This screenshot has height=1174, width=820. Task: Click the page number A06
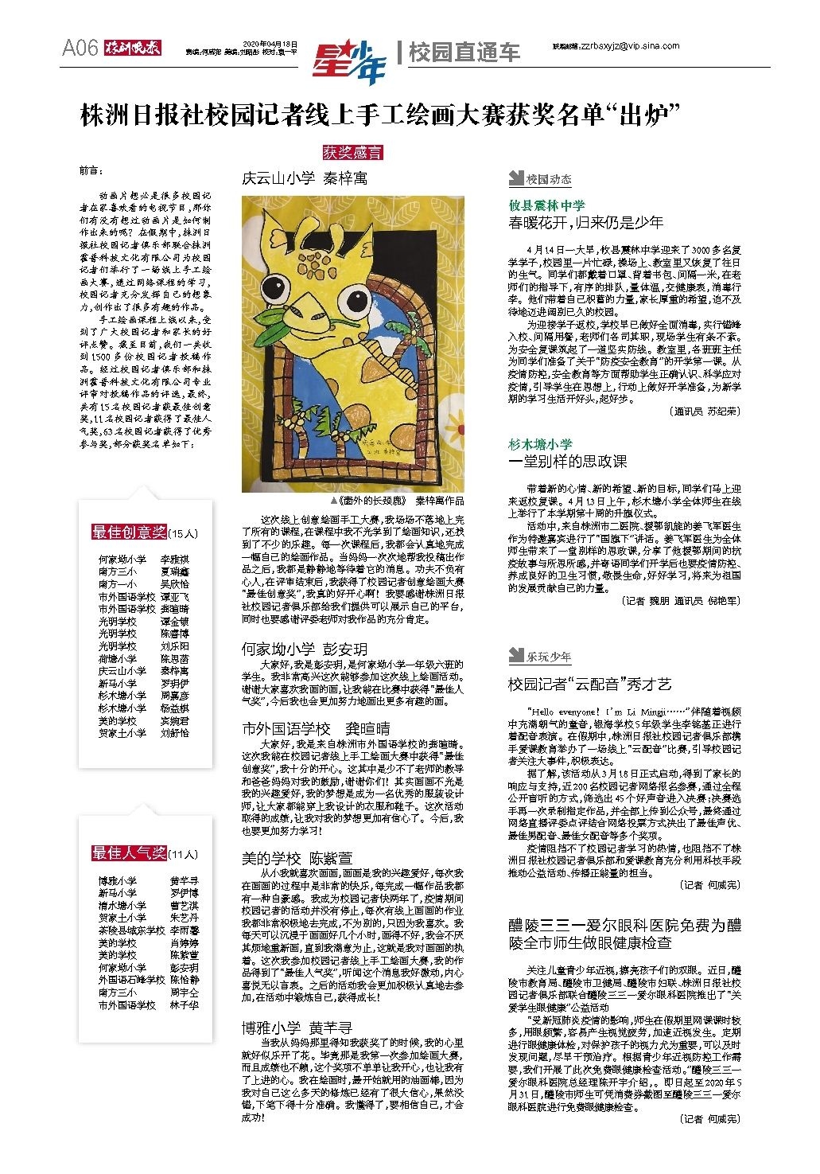pos(80,49)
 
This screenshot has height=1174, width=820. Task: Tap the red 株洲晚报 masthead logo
pos(134,49)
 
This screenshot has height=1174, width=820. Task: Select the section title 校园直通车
pos(464,53)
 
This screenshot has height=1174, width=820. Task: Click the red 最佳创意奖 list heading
pos(129,532)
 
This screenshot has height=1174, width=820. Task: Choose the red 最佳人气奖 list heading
pos(129,853)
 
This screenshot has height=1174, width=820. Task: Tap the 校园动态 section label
pos(548,180)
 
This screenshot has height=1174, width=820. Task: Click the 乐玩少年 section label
pos(548,657)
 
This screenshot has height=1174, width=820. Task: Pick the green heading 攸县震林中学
pos(546,205)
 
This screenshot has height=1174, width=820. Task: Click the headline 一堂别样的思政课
pos(568,461)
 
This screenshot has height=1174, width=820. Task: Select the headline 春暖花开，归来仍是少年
pos(585,223)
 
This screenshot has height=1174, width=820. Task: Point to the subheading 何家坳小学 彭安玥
pos(305,649)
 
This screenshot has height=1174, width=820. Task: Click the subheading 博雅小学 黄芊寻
pos(297,1028)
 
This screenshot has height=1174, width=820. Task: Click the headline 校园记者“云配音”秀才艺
pos(590,684)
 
